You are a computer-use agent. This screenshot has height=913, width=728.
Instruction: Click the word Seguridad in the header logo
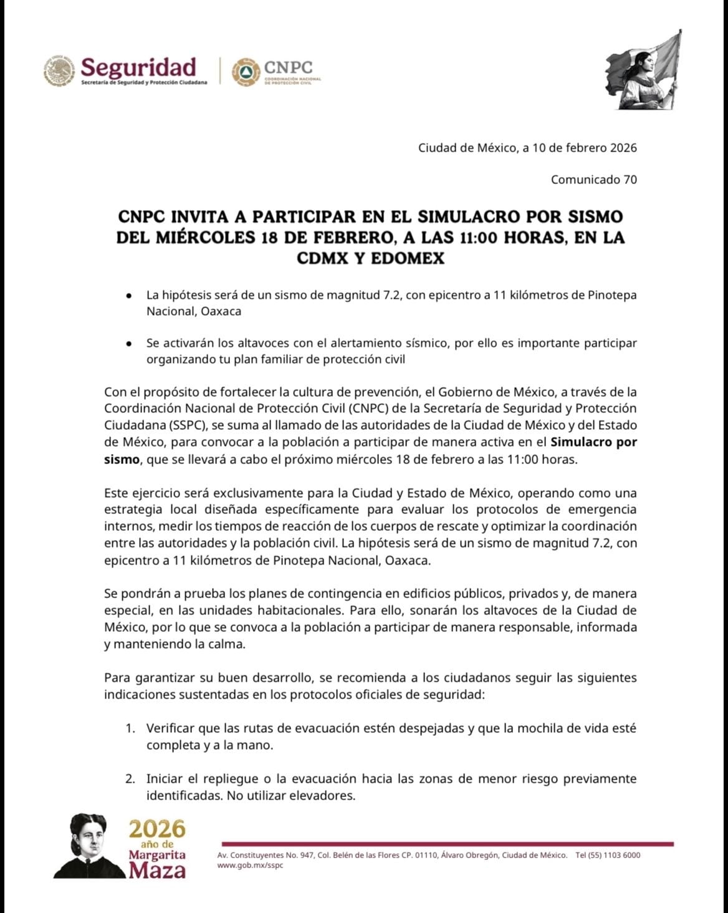138,67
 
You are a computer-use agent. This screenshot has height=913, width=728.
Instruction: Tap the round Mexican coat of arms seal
59,70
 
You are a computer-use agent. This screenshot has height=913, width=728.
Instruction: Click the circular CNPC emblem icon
245,71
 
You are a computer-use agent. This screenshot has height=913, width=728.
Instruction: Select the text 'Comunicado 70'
593,180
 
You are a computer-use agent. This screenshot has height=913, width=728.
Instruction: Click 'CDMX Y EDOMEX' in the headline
370,258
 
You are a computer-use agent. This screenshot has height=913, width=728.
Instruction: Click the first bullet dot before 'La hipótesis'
128,295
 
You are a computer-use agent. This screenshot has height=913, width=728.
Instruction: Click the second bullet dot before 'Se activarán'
128,343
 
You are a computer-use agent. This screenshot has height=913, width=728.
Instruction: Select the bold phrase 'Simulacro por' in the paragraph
594,442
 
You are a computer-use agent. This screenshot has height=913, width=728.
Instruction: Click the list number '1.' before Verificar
130,728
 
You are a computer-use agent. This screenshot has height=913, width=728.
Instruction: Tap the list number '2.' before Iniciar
130,778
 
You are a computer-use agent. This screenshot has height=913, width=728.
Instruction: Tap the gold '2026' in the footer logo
157,829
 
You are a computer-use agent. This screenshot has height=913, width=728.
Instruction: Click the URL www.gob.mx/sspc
250,866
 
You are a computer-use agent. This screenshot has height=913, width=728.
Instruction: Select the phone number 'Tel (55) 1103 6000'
608,855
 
